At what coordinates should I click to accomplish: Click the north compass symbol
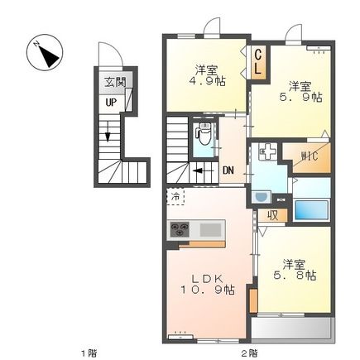tap(45, 52)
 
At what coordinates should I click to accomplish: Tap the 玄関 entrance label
tap(115, 82)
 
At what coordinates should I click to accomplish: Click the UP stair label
tap(111, 103)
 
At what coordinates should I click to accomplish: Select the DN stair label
tap(228, 170)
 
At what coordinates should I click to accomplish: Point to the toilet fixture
tap(204, 134)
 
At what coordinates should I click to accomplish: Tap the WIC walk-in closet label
tap(310, 156)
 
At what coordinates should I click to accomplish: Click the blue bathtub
tap(312, 210)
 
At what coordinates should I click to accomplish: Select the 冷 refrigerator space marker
tap(175, 196)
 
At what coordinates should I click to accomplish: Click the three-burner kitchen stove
tap(180, 229)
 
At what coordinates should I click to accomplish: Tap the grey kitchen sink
tap(210, 230)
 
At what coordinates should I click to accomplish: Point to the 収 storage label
tap(273, 215)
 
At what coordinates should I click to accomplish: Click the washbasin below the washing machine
tap(261, 198)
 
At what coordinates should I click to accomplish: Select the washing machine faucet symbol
tap(267, 151)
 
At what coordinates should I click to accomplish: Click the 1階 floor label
tap(89, 353)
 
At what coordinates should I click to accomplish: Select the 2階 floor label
tap(250, 353)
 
